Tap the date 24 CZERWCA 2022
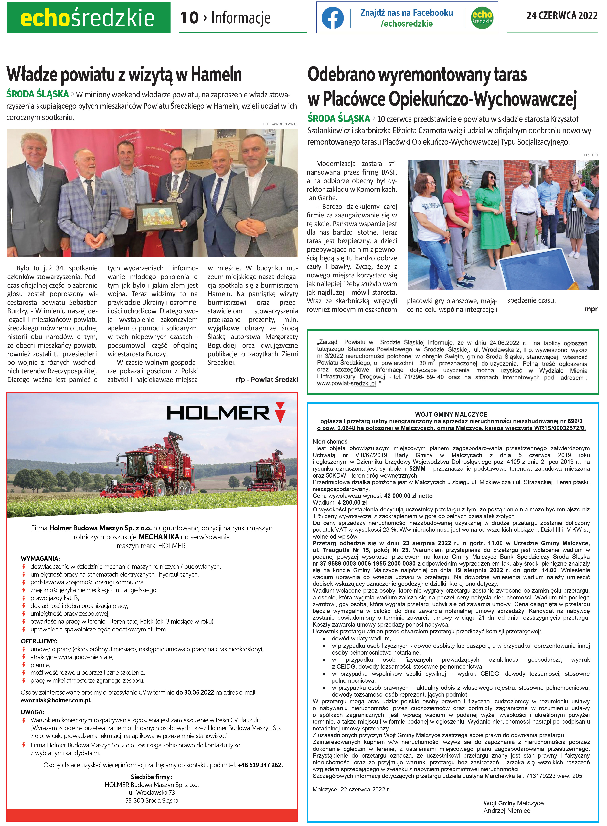(562, 16)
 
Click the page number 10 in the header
(189, 18)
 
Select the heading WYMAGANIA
(40, 559)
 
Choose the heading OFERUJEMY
(39, 641)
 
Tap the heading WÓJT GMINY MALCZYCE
(451, 414)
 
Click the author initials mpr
(591, 309)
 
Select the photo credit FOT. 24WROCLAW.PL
(280, 124)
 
